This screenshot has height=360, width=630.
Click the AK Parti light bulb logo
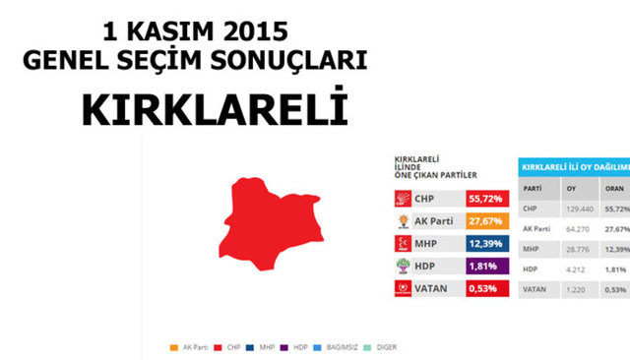pos(402,221)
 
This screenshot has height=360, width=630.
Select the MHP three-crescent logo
pos(402,243)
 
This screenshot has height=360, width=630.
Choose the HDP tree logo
pos(402,266)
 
